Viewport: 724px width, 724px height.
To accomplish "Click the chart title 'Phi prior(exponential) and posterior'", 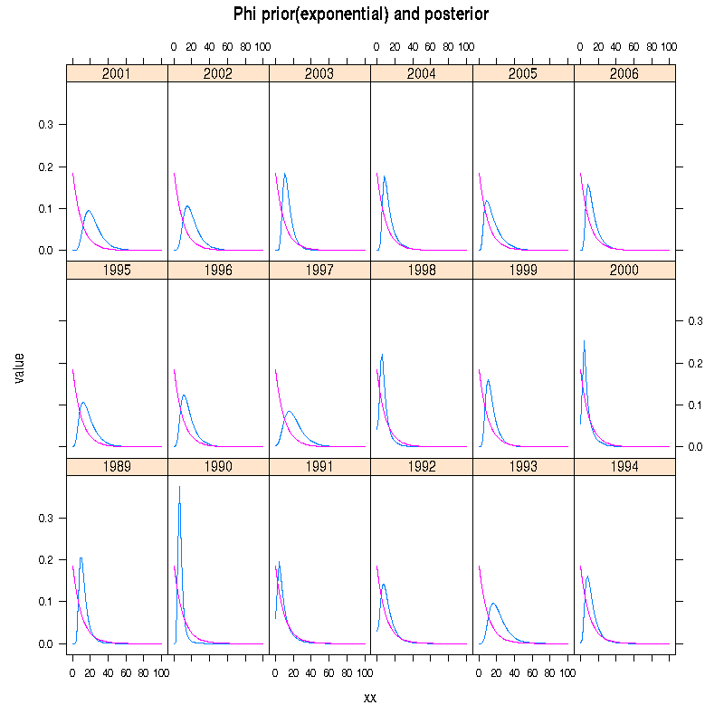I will [361, 14].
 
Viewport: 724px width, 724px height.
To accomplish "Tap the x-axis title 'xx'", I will [370, 697].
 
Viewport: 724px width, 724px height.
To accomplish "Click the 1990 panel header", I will [218, 467].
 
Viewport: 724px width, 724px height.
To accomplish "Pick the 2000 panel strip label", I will [624, 270].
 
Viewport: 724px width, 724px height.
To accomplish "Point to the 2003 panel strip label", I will [319, 73].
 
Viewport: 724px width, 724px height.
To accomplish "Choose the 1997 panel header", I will [319, 270].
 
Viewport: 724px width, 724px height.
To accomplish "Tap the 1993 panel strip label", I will [523, 467].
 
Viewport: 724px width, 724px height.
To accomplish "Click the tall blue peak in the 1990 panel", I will [179, 487].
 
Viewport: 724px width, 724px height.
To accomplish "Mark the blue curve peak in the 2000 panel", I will [584, 341].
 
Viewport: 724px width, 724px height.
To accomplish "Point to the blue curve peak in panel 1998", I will [383, 354].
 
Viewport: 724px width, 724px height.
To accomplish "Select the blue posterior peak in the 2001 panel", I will [89, 211].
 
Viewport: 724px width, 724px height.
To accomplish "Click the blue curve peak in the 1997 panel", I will [290, 412].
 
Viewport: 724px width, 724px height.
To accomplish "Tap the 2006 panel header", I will [624, 73].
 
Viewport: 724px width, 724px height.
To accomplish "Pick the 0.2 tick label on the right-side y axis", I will [693, 363].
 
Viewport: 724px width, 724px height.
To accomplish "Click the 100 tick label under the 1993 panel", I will [567, 673].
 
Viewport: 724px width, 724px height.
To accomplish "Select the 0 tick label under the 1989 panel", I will [72, 673].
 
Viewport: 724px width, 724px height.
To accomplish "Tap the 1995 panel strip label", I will [117, 270].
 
